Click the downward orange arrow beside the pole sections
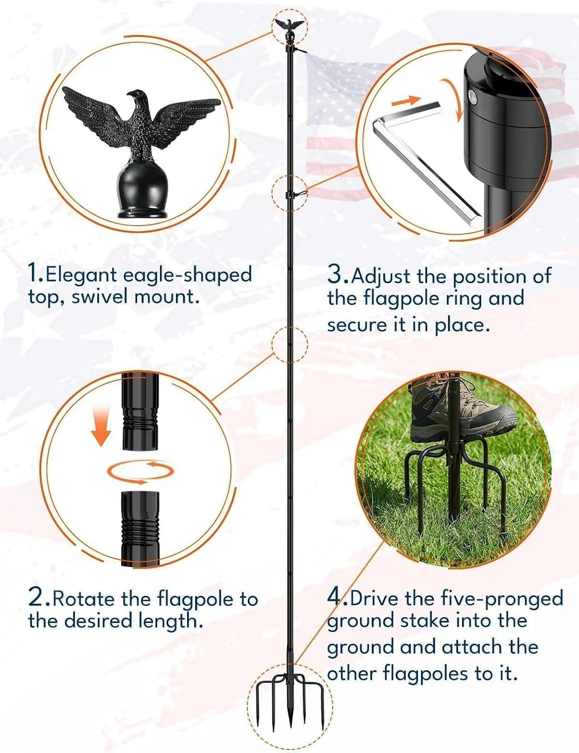(101, 426)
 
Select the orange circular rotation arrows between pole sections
(140, 471)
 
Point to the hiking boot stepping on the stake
(463, 412)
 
